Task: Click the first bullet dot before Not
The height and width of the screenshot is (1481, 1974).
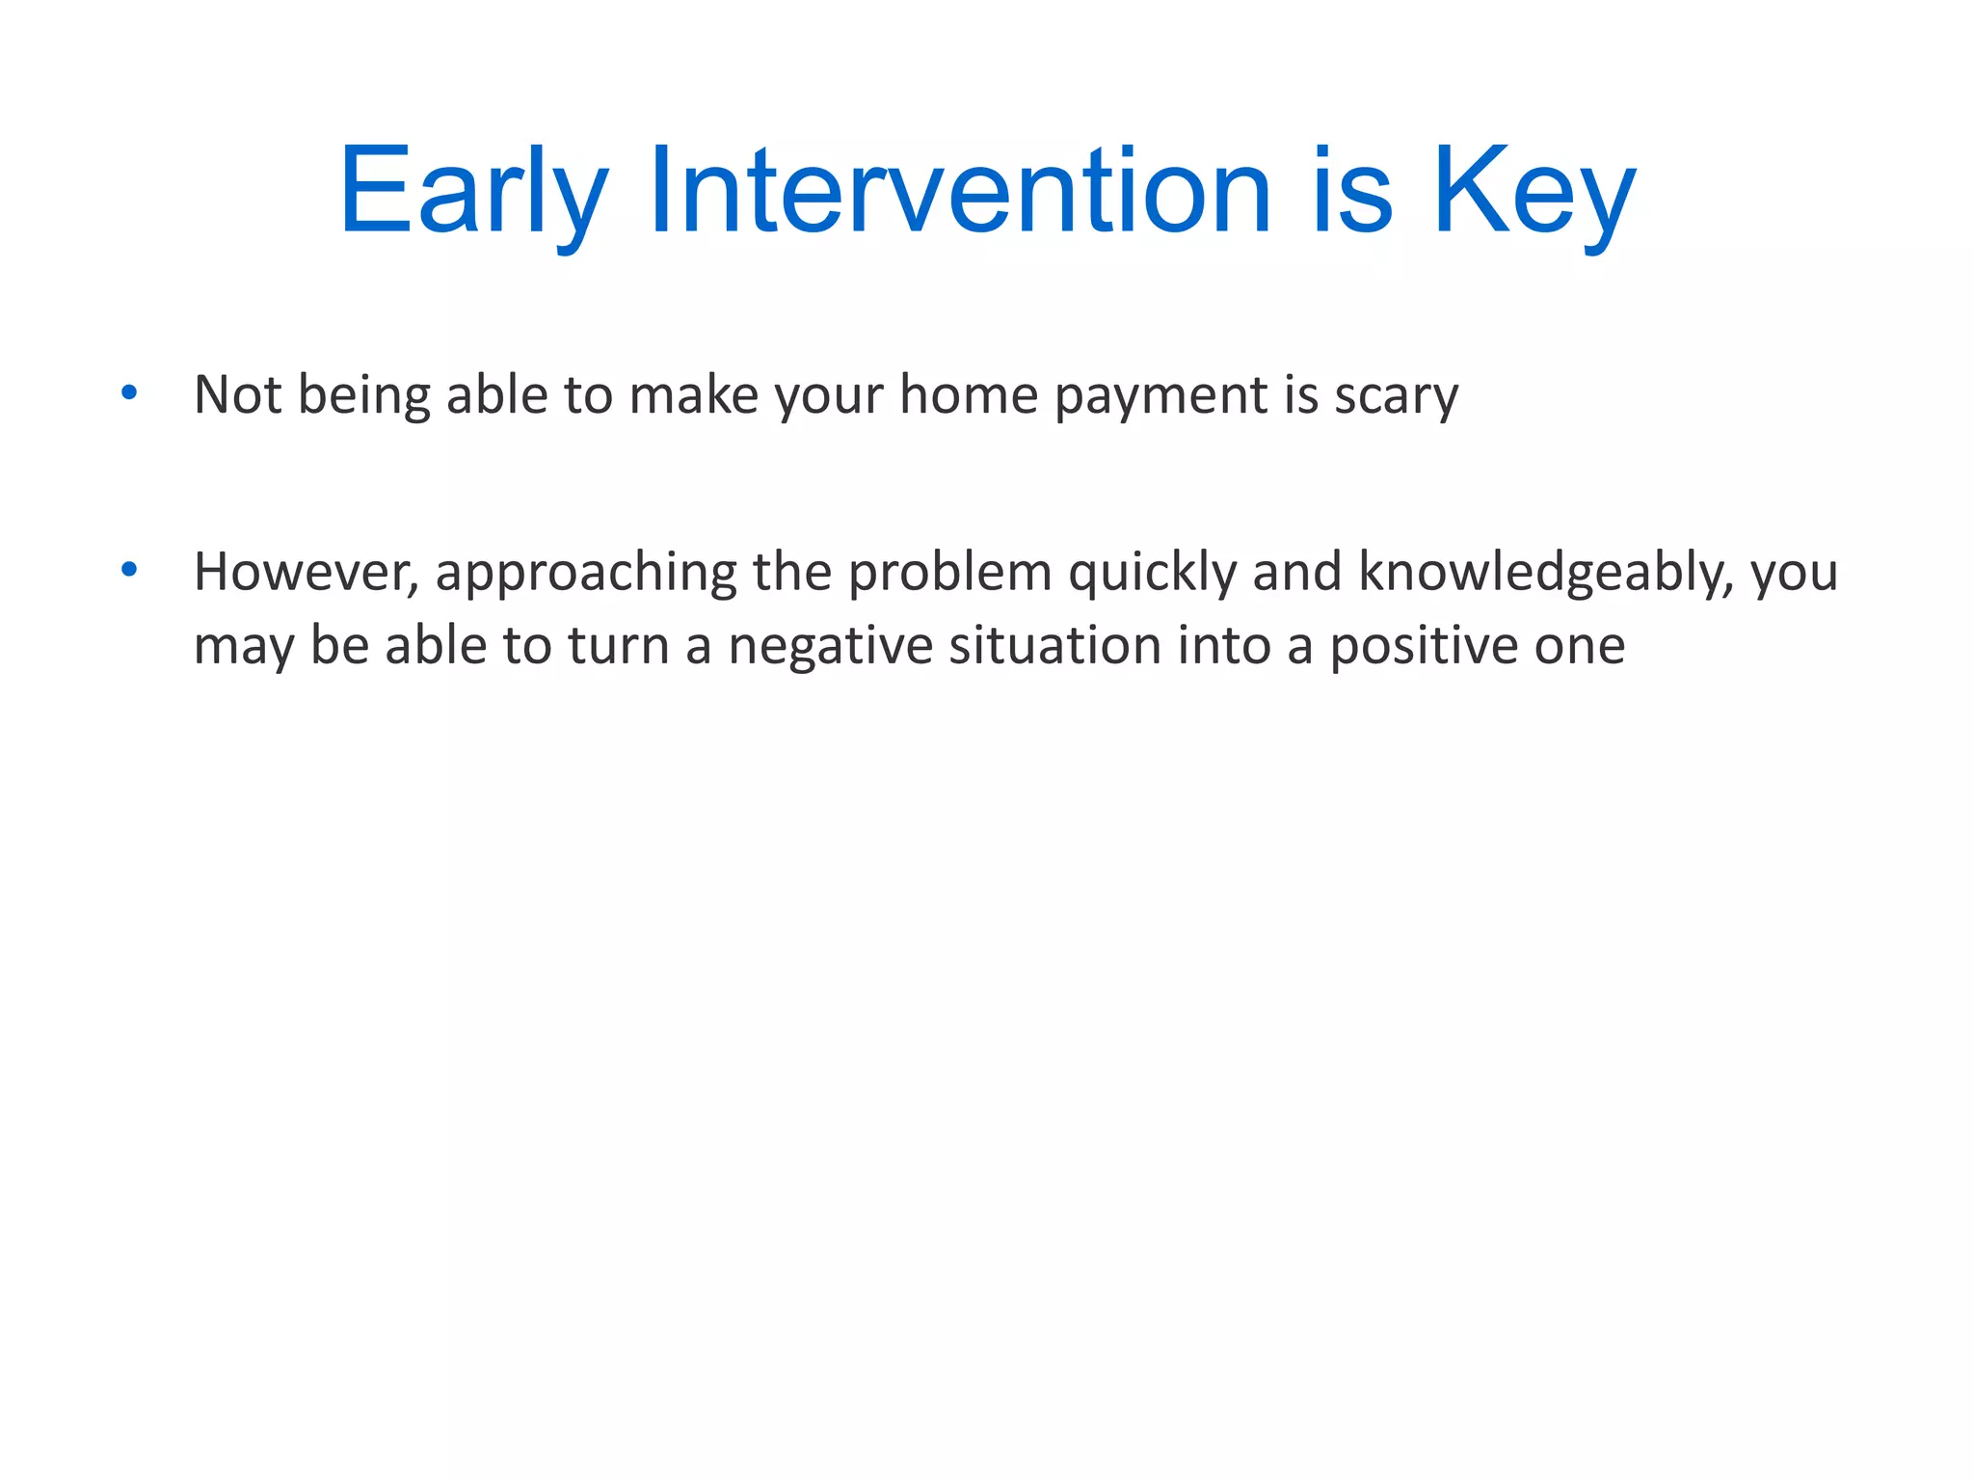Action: (129, 392)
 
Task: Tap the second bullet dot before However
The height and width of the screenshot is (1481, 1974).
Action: (129, 570)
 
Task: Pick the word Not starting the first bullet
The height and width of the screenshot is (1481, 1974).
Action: (237, 395)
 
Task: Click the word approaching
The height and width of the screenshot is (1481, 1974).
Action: (585, 572)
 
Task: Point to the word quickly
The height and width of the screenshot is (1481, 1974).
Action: (1152, 572)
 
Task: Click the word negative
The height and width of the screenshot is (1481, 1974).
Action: (830, 645)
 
